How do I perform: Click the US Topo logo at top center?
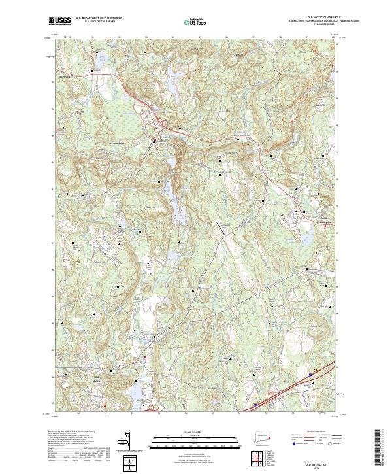point(195,22)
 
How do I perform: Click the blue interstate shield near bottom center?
point(255,404)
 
